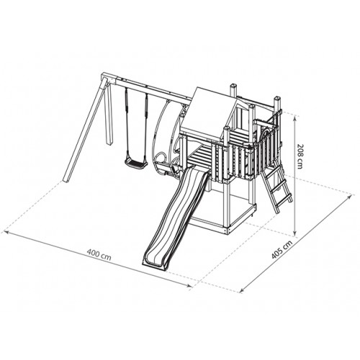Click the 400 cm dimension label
pyautogui.click(x=99, y=255)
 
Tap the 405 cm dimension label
pyautogui.click(x=282, y=250)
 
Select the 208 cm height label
pyautogui.click(x=300, y=156)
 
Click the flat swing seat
pyautogui.click(x=135, y=163)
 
